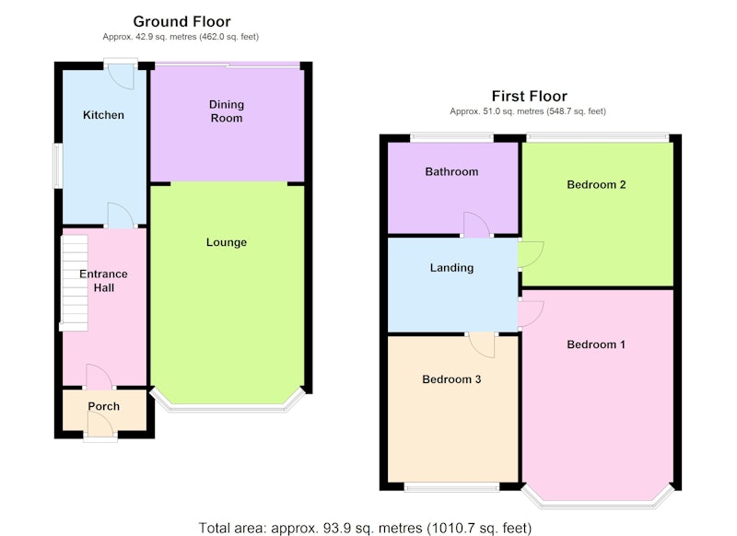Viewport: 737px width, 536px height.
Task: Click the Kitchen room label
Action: pyautogui.click(x=103, y=115)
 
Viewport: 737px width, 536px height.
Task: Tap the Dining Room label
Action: pyautogui.click(x=227, y=111)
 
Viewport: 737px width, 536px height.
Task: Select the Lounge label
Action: pyautogui.click(x=227, y=242)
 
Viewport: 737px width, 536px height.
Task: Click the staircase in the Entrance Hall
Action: pyautogui.click(x=75, y=283)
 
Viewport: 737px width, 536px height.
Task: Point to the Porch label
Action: pyautogui.click(x=104, y=406)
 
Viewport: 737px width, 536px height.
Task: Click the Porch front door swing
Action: pyautogui.click(x=100, y=425)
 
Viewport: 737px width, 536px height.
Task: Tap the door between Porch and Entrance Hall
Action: pyautogui.click(x=99, y=377)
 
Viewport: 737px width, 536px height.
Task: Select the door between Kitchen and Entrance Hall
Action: pyautogui.click(x=121, y=216)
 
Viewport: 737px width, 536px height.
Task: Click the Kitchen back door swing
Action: pyautogui.click(x=121, y=76)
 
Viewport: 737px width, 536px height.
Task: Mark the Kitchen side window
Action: pyautogui.click(x=57, y=166)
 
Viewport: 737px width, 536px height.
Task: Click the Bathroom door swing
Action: pyautogui.click(x=476, y=225)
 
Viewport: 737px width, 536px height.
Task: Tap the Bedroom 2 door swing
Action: pyautogui.click(x=532, y=254)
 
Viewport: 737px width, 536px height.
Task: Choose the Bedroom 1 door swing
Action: pyautogui.click(x=532, y=314)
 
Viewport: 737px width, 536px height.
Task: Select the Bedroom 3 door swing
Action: pyautogui.click(x=482, y=345)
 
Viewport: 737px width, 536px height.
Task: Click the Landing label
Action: pyautogui.click(x=451, y=268)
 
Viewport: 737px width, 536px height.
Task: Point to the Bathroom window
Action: pyautogui.click(x=451, y=137)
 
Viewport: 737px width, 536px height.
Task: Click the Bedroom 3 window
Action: pyautogui.click(x=451, y=488)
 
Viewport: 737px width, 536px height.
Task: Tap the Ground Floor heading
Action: pyautogui.click(x=181, y=21)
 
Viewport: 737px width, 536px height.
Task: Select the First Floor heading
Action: pyautogui.click(x=529, y=97)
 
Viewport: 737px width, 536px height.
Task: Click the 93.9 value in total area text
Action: pyautogui.click(x=337, y=528)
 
